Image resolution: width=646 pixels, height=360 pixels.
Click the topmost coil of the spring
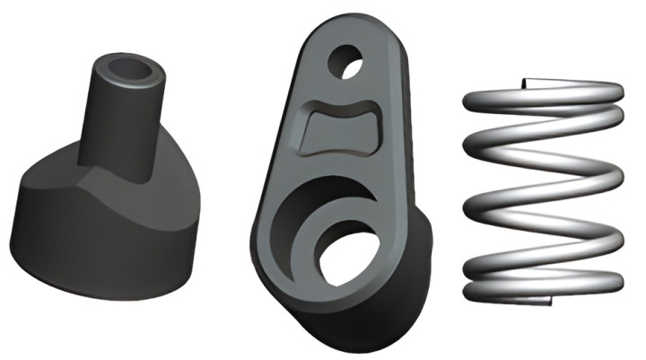tap(547, 94)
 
